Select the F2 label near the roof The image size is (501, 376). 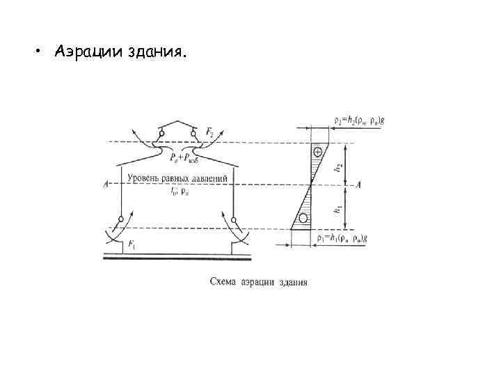pyautogui.click(x=210, y=131)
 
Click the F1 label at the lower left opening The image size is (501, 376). pyautogui.click(x=133, y=245)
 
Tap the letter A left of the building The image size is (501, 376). pyautogui.click(x=104, y=185)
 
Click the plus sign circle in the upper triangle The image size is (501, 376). pyautogui.click(x=318, y=151)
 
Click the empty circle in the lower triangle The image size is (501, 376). pyautogui.click(x=303, y=218)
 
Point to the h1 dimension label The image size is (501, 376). pyautogui.click(x=338, y=207)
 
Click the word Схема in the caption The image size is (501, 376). pyautogui.click(x=223, y=283)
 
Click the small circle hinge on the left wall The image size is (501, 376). pyautogui.click(x=121, y=219)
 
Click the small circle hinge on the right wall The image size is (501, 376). pyautogui.click(x=234, y=220)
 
